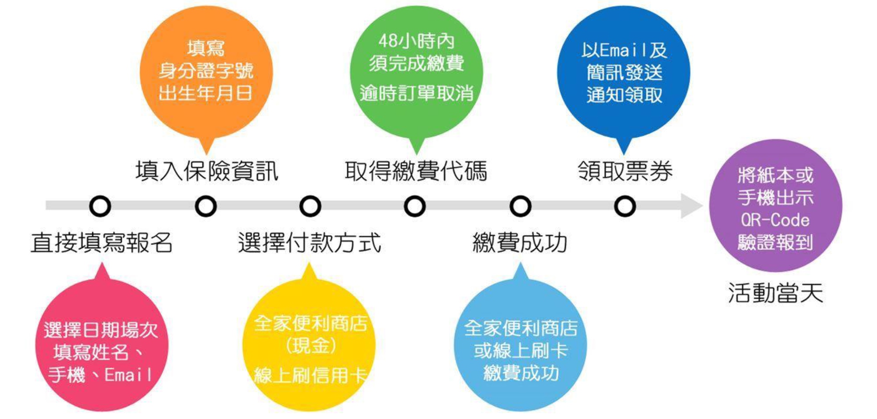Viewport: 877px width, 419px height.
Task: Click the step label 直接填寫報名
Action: pyautogui.click(x=101, y=243)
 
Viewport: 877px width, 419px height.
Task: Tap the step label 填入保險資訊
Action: pyautogui.click(x=207, y=171)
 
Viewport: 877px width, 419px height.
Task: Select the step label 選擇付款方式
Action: pyautogui.click(x=310, y=243)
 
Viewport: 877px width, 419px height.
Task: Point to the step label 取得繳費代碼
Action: pyautogui.click(x=416, y=171)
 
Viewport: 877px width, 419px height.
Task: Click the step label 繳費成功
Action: pyautogui.click(x=520, y=243)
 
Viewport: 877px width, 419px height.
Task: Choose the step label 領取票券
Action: pyautogui.click(x=625, y=171)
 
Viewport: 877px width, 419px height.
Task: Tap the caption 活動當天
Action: pyautogui.click(x=775, y=293)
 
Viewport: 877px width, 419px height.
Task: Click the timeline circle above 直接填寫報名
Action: pyautogui.click(x=100, y=206)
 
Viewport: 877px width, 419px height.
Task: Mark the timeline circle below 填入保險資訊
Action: pyautogui.click(x=206, y=206)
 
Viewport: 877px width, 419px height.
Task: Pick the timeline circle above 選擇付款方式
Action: pyautogui.click(x=310, y=206)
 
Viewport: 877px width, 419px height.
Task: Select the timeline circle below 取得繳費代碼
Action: pyautogui.click(x=415, y=206)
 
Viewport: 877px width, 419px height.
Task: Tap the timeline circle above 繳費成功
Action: pyautogui.click(x=520, y=206)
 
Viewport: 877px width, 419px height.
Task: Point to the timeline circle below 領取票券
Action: pyautogui.click(x=625, y=206)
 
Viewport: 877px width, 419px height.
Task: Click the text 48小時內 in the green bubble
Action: pyautogui.click(x=416, y=41)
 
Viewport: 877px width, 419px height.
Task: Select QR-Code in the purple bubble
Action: pyautogui.click(x=775, y=220)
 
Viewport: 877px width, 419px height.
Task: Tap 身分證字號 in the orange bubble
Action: pyautogui.click(x=206, y=71)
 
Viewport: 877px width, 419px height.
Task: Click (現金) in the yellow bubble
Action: pyautogui.click(x=310, y=346)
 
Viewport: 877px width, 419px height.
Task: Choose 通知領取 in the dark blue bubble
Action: pyautogui.click(x=624, y=95)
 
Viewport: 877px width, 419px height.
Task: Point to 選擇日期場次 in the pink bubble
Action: pyautogui.click(x=101, y=330)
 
